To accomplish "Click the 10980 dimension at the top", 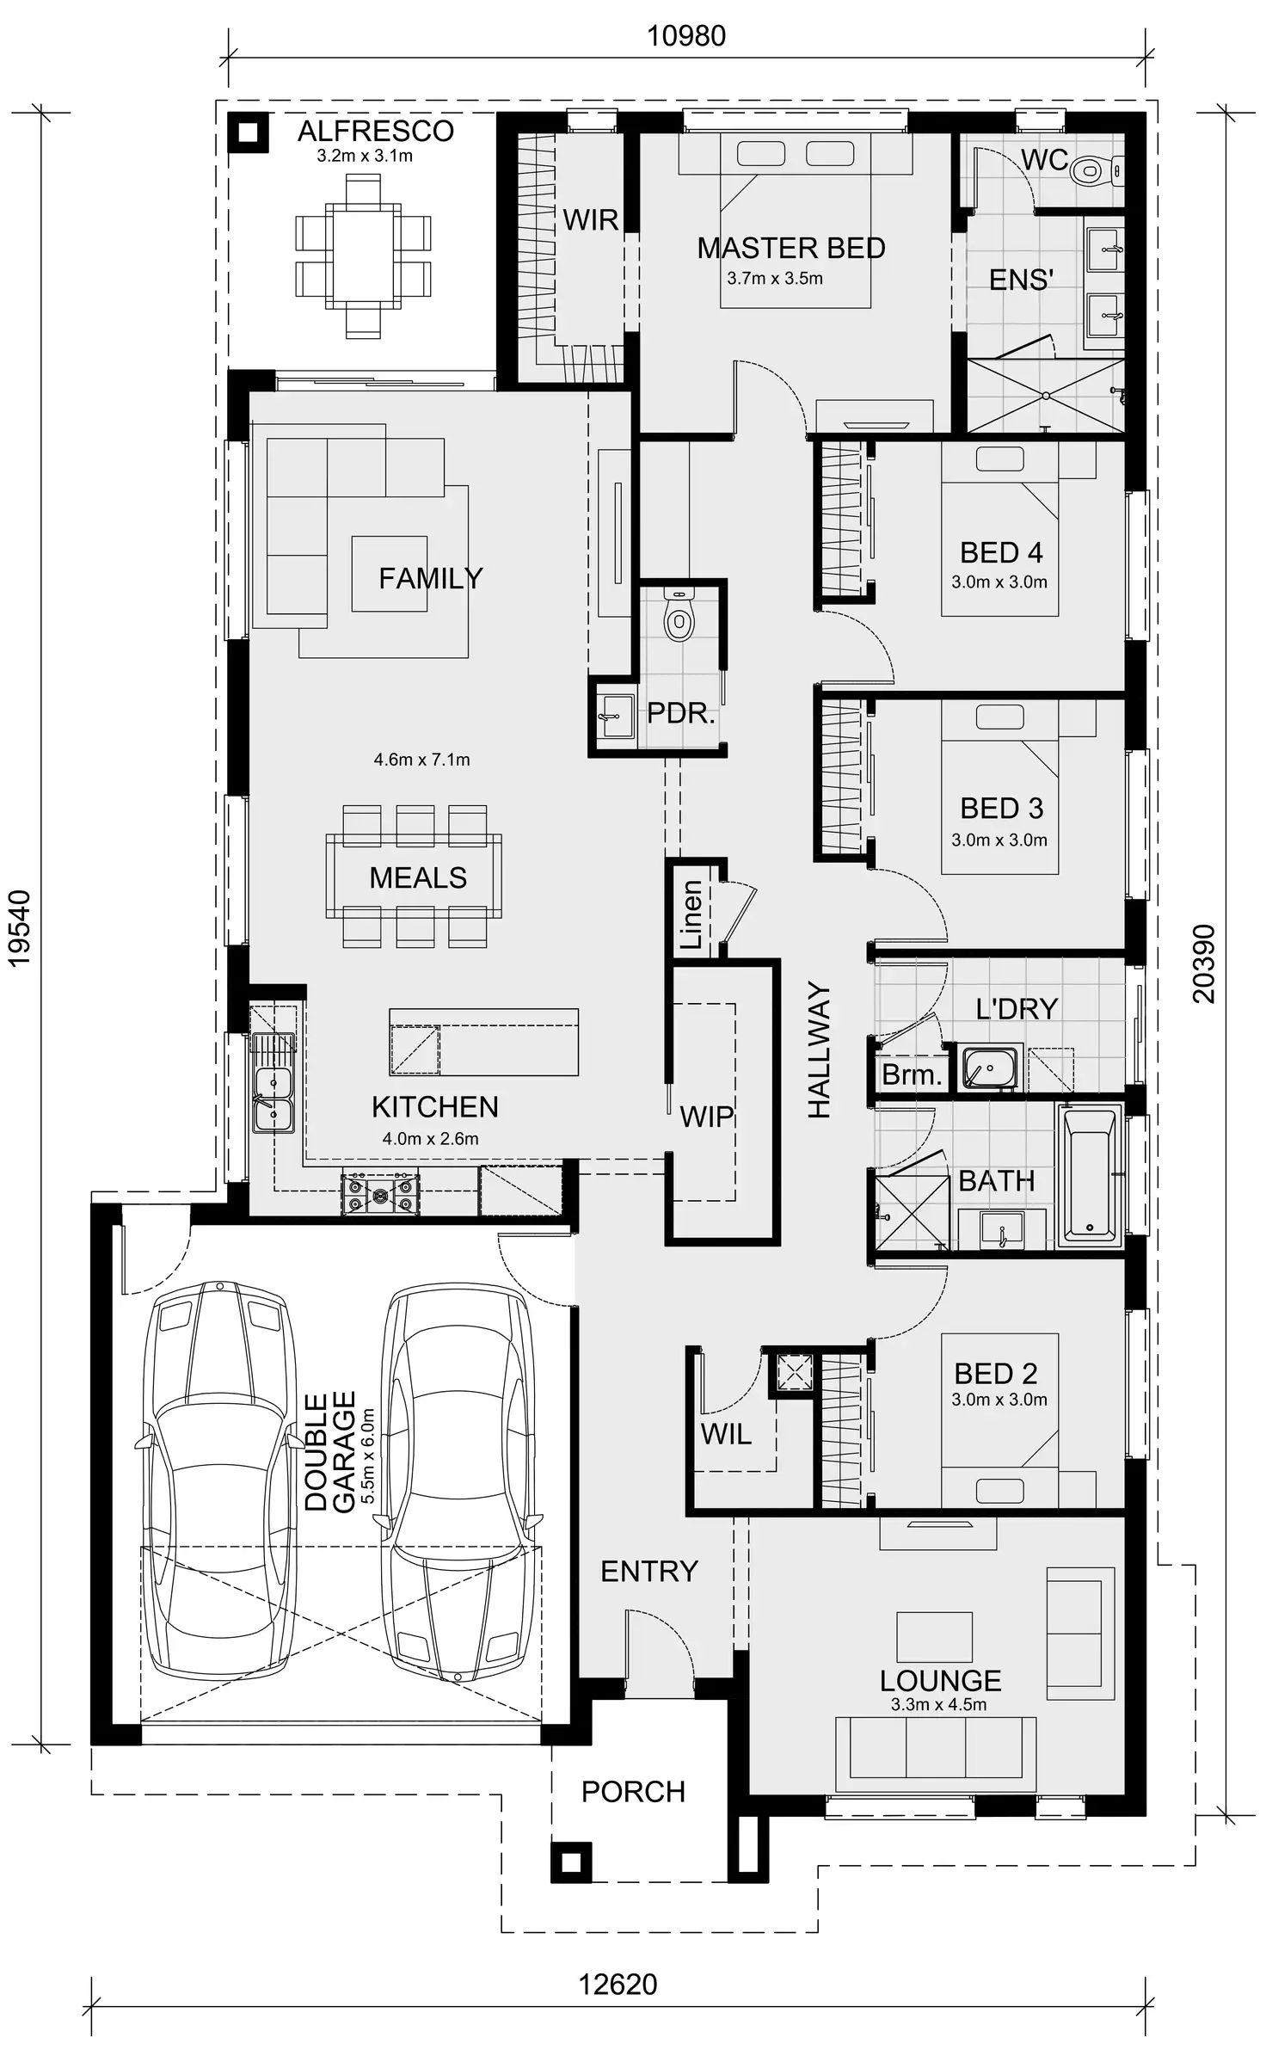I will (685, 36).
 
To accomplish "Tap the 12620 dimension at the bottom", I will (617, 1985).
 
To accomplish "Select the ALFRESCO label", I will (375, 131).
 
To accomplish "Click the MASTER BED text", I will (790, 248).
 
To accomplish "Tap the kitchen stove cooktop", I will (380, 1194).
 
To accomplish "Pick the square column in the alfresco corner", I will (248, 132).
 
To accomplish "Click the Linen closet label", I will (691, 914).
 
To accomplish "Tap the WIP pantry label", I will (706, 1117).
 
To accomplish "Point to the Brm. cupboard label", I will (911, 1074).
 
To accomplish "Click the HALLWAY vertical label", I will (819, 1050).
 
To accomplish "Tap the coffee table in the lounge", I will (935, 1637).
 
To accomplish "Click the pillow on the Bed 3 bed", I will (999, 717).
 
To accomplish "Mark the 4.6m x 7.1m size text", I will (421, 760).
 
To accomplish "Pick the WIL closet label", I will (725, 1433).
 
